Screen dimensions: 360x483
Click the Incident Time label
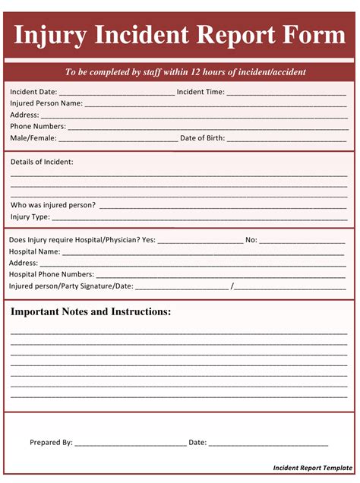[x=201, y=92]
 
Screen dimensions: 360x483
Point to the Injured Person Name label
[x=46, y=103]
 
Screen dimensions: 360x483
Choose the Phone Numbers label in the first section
[x=38, y=126]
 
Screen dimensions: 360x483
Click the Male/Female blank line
[x=117, y=139]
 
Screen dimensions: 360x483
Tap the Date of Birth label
[x=204, y=138]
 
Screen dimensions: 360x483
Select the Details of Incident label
[x=42, y=162]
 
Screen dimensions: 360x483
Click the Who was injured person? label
[x=53, y=205]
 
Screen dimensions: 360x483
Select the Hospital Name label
[x=34, y=251]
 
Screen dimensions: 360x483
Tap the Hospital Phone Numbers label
[x=52, y=274]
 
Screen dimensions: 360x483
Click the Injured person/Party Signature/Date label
[x=71, y=286]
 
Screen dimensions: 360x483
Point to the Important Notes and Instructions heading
[x=90, y=312]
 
